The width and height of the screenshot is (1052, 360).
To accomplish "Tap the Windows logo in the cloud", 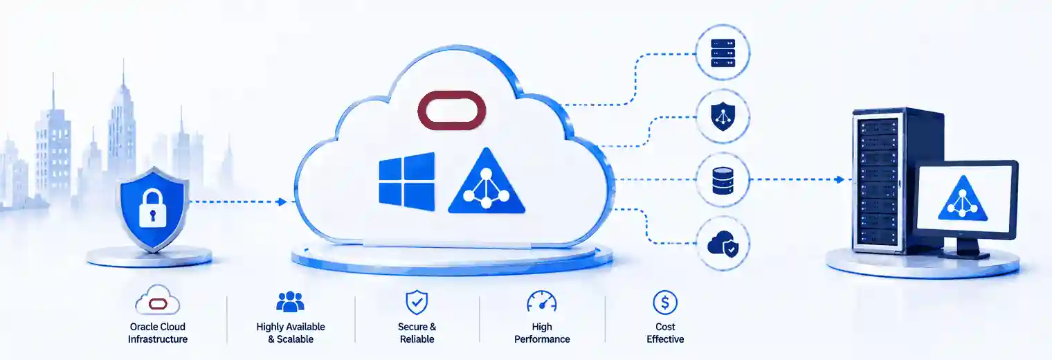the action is pos(407,181).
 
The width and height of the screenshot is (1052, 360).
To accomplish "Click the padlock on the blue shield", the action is pos(153,208).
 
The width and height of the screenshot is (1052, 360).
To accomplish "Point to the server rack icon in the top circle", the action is pos(723,53).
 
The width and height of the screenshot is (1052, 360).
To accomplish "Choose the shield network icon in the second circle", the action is pos(723,116).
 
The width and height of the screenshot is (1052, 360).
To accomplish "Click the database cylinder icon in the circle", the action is pos(723,181).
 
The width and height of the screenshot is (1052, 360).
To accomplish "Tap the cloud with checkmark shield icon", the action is pos(723,244).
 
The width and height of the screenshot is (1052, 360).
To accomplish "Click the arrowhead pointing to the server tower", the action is pos(841,179).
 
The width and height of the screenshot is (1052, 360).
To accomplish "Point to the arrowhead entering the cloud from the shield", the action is pos(282,201).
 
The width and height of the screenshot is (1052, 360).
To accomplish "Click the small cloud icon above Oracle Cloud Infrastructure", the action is pos(158,300).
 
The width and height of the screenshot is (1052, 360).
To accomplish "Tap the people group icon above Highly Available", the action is pos(290,302).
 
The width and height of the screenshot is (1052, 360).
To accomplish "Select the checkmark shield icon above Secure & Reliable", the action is pos(417,302).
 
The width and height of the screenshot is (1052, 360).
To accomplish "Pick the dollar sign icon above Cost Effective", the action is pos(665,303).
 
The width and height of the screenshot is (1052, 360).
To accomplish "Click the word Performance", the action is pos(542,339).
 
